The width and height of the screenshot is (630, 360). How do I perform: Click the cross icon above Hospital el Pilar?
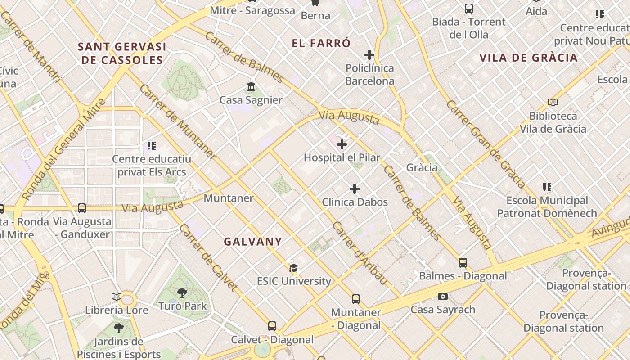(342, 144)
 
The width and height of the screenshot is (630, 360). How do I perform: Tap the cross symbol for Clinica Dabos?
(355, 189)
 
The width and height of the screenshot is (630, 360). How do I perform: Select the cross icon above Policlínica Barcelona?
(369, 55)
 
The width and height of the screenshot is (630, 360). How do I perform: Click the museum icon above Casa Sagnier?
(251, 86)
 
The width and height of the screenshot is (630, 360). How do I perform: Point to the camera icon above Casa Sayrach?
(443, 296)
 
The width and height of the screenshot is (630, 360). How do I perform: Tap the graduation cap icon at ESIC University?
(294, 268)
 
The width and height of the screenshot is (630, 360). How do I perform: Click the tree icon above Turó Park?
(182, 293)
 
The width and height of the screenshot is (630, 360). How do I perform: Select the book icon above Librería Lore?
(117, 297)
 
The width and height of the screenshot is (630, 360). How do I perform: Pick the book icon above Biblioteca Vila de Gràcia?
(553, 103)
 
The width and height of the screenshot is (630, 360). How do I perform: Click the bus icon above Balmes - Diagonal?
(463, 263)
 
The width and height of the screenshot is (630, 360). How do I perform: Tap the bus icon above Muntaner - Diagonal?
(356, 299)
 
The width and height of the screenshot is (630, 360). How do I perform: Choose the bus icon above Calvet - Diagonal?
(272, 326)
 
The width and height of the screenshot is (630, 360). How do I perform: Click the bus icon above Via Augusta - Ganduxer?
(82, 208)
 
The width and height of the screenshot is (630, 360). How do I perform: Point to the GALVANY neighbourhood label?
(253, 242)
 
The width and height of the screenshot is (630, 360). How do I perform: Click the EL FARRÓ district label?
(321, 44)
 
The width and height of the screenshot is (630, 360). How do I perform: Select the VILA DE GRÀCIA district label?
(528, 58)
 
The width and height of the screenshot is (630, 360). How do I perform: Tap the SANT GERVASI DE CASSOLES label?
(122, 53)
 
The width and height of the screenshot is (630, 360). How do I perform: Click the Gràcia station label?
(422, 167)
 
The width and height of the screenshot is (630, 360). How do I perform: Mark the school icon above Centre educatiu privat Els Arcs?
(152, 146)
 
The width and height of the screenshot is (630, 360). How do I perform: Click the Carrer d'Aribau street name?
(359, 253)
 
